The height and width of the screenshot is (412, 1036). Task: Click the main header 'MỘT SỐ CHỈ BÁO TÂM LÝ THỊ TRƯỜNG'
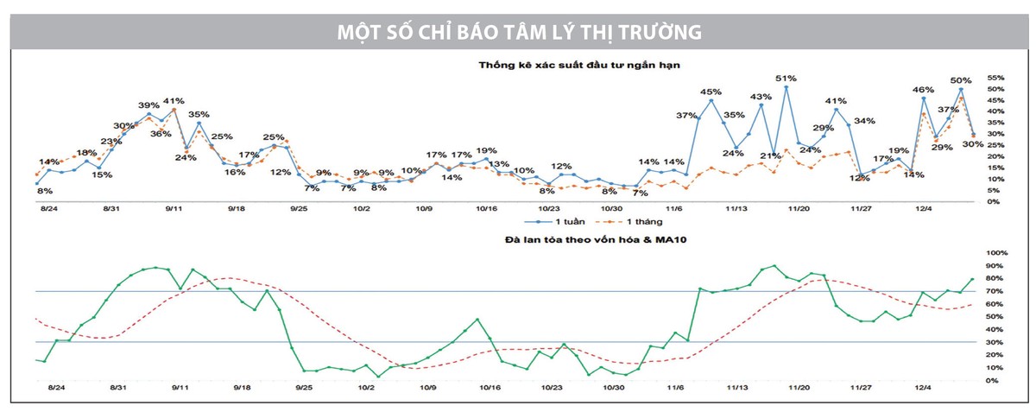tap(518, 31)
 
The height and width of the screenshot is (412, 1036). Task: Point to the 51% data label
tap(786, 78)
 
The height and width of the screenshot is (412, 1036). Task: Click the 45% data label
tap(711, 92)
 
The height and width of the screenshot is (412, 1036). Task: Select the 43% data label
tap(761, 97)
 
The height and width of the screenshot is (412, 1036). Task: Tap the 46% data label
tap(923, 90)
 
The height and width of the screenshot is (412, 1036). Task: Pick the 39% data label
tap(148, 105)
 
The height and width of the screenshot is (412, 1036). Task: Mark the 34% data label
tap(864, 121)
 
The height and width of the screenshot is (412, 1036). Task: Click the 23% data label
tap(111, 142)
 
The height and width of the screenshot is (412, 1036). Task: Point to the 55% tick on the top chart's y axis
tap(991, 78)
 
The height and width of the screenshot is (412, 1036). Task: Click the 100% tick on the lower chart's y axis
tap(992, 253)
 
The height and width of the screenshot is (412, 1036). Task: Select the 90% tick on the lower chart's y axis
tap(990, 265)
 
